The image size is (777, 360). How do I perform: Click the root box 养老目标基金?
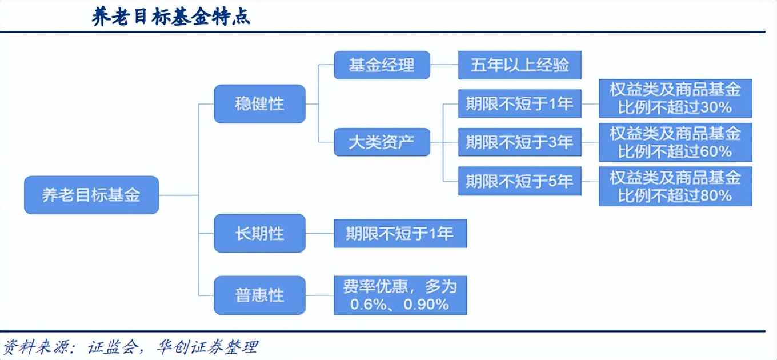click(x=91, y=195)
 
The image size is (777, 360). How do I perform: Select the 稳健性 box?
click(x=259, y=104)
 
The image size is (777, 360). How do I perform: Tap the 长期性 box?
click(x=259, y=233)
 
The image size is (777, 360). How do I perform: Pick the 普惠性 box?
click(x=259, y=295)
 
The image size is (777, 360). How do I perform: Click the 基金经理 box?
click(x=382, y=65)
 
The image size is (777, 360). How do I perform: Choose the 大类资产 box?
click(x=382, y=142)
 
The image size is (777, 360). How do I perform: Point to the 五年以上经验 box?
click(x=520, y=65)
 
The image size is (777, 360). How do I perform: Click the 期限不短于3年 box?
click(x=519, y=142)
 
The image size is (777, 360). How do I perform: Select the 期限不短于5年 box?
click(x=519, y=182)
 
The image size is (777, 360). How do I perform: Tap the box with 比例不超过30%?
click(x=675, y=98)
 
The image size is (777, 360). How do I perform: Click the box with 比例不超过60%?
click(x=675, y=142)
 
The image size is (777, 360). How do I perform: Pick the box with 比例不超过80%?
click(x=675, y=186)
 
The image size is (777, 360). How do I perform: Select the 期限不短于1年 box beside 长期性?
click(x=400, y=233)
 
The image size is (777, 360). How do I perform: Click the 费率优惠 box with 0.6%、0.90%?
click(x=400, y=295)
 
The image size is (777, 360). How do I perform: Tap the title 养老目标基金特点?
click(x=171, y=17)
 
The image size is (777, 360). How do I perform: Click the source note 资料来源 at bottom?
click(x=131, y=347)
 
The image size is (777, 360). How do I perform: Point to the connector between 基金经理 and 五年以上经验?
click(x=444, y=65)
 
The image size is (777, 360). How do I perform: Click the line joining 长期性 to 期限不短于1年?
click(x=319, y=233)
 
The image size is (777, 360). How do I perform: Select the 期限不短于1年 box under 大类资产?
click(x=519, y=103)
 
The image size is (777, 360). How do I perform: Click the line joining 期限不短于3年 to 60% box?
click(x=590, y=142)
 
